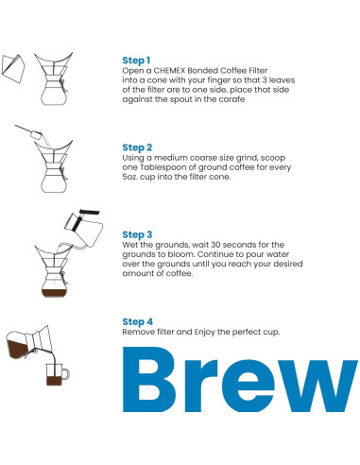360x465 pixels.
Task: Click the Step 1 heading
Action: point(137,59)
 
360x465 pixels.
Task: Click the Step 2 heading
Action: point(138,147)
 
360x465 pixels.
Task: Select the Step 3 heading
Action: point(138,233)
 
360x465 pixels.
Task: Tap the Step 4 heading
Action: point(138,321)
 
